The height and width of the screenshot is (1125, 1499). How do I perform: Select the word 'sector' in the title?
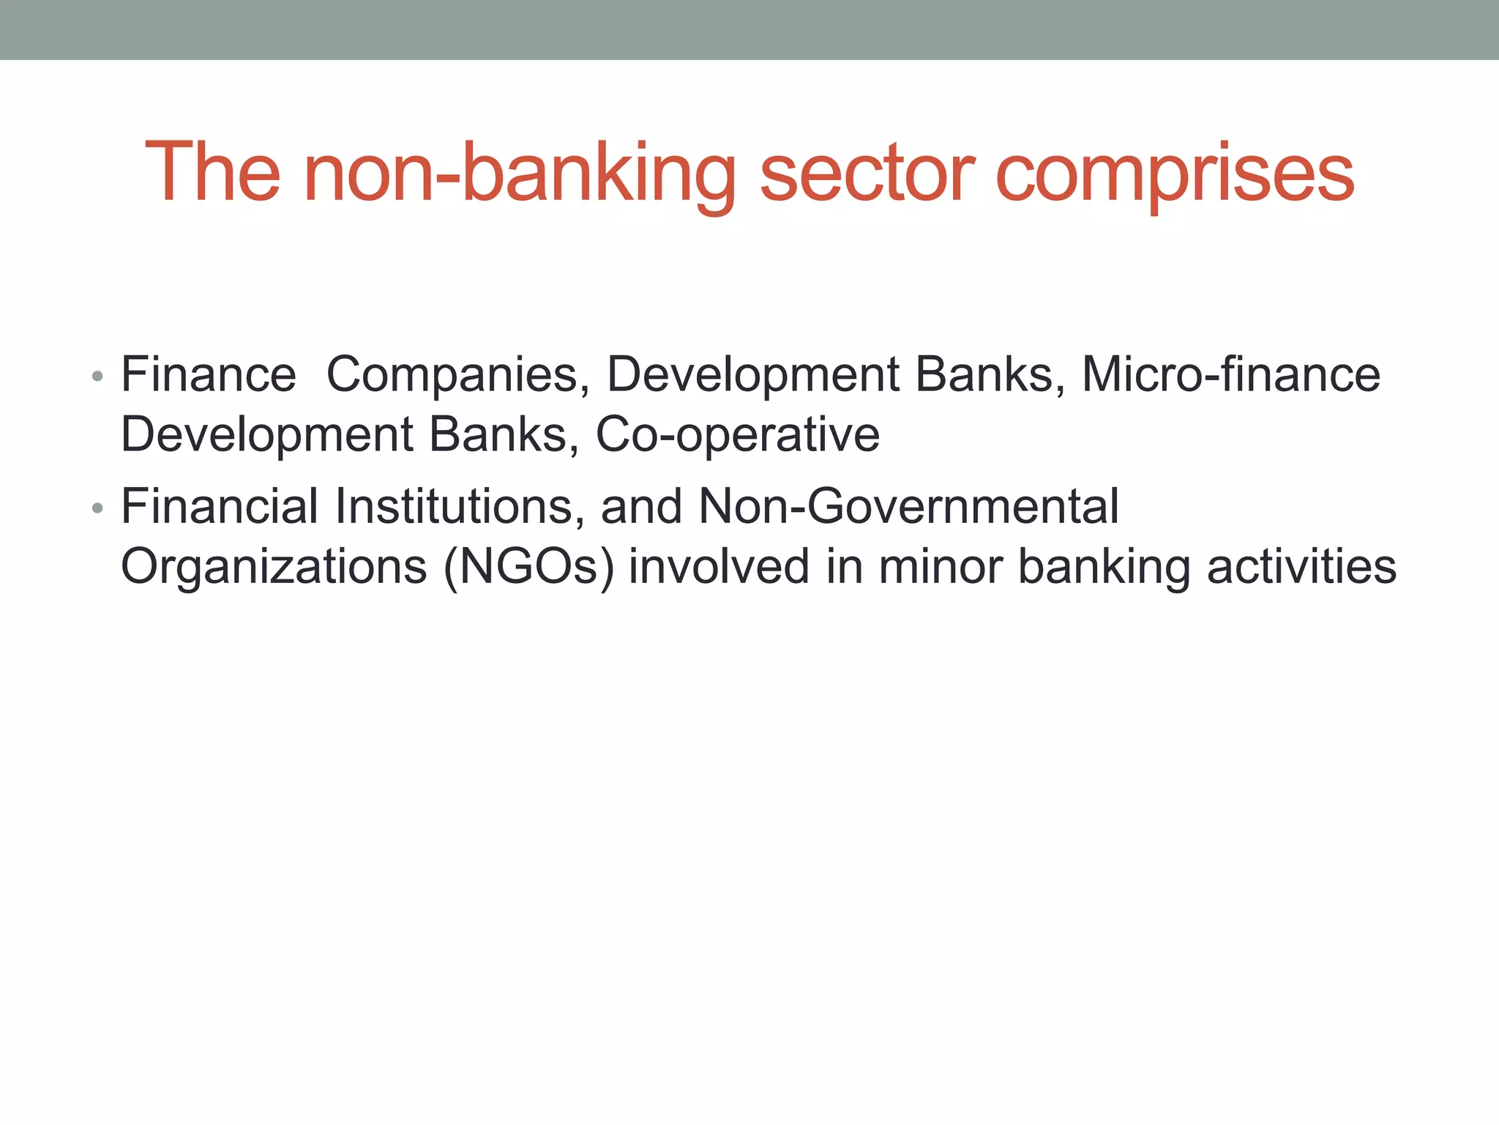pyautogui.click(x=868, y=174)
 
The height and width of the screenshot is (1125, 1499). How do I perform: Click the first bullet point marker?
pyautogui.click(x=97, y=377)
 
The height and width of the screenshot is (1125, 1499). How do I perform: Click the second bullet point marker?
pyautogui.click(x=97, y=508)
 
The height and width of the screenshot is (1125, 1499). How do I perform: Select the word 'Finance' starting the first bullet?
pyautogui.click(x=209, y=374)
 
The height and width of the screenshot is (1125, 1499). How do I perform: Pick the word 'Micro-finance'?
pyautogui.click(x=1230, y=374)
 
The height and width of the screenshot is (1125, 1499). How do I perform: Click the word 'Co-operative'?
pyautogui.click(x=737, y=435)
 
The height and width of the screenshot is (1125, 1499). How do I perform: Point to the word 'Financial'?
pyautogui.click(x=220, y=506)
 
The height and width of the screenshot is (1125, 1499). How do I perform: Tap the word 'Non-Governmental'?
pyautogui.click(x=908, y=506)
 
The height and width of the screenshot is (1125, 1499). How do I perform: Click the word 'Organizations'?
pyautogui.click(x=274, y=567)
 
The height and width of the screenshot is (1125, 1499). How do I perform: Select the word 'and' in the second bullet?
pyautogui.click(x=641, y=506)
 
